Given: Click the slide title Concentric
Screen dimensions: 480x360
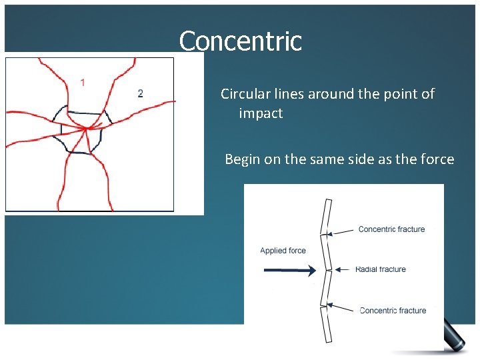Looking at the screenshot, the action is click(x=240, y=41).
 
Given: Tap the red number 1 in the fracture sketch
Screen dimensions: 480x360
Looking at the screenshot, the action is click(x=83, y=83).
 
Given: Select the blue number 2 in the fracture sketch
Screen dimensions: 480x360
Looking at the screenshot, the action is click(x=140, y=93).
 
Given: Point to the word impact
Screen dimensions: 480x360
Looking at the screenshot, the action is click(x=261, y=113).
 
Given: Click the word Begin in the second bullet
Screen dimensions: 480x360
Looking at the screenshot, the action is click(x=242, y=160).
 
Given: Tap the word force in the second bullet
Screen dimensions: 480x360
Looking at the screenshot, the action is click(x=437, y=159).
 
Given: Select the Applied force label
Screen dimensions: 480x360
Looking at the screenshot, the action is click(x=283, y=251).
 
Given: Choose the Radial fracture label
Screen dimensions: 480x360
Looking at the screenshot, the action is click(x=380, y=269).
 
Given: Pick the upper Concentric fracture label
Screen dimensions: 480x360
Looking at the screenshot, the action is click(x=391, y=229).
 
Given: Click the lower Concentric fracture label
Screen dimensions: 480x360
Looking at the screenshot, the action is click(x=393, y=310).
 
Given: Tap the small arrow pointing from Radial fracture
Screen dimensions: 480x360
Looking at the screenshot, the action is click(x=341, y=269).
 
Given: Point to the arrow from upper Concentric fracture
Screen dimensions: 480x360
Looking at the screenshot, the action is click(x=340, y=231).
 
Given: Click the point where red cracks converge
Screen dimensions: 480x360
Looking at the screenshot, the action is click(x=86, y=128).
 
